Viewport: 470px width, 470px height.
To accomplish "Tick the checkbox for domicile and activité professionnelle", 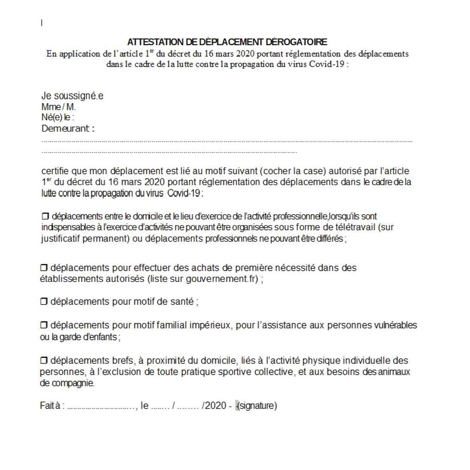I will [45, 216].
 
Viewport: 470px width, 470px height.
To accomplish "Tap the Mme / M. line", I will [58, 107].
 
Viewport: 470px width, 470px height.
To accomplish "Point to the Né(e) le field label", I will [58, 117].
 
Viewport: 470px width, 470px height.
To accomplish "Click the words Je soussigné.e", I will [72, 96].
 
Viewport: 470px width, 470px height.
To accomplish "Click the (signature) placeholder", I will [258, 406].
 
